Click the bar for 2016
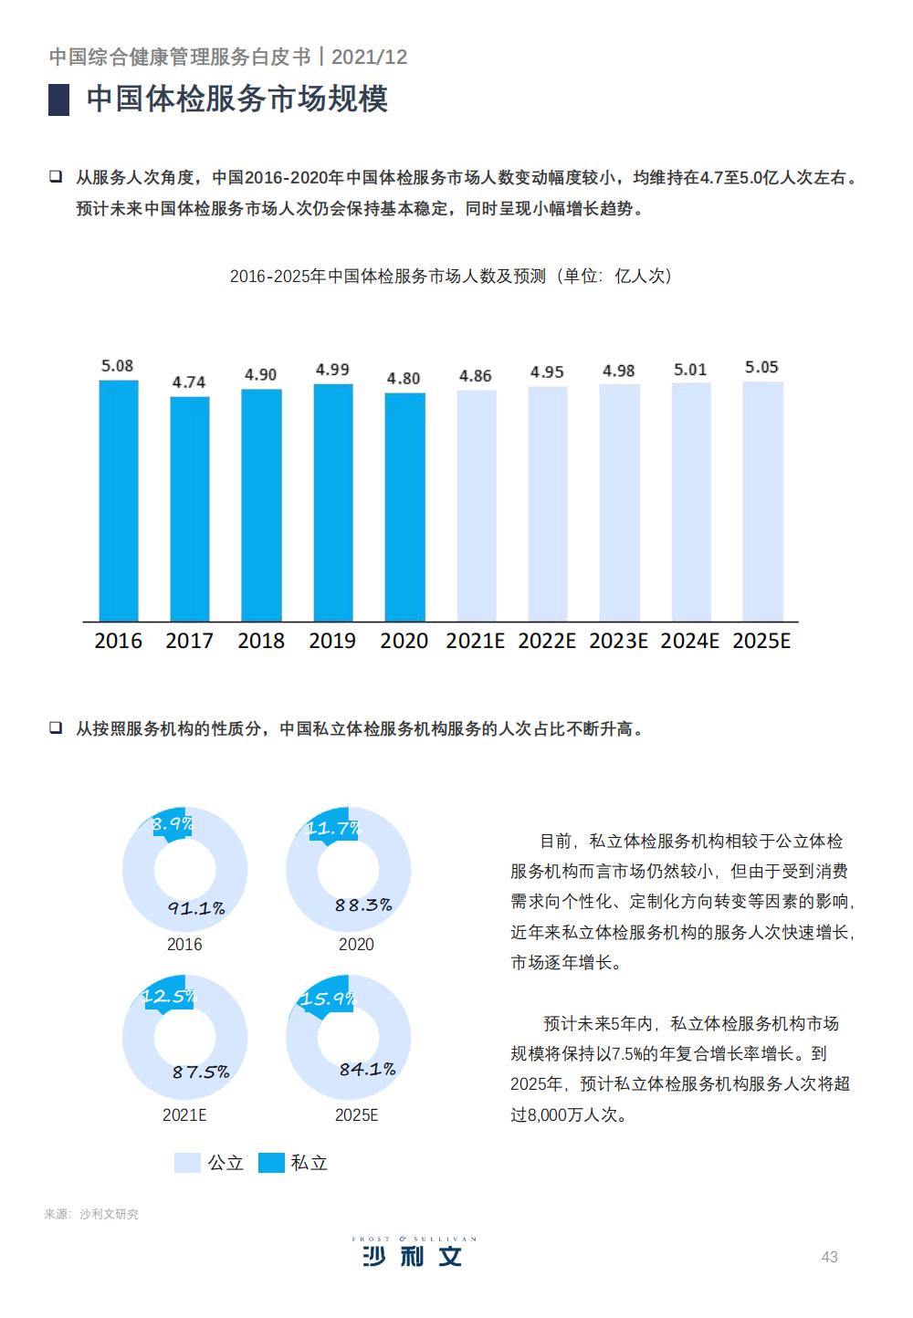[119, 500]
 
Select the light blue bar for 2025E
[762, 501]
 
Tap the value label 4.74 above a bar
[189, 382]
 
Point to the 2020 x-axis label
[404, 641]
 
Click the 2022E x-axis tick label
[547, 641]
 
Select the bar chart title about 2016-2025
[450, 276]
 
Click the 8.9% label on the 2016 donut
[172, 824]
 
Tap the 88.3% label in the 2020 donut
[363, 905]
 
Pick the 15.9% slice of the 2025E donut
[327, 999]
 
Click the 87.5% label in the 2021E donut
[201, 1072]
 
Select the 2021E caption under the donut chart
[184, 1114]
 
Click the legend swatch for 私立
[271, 1163]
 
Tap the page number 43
[829, 1257]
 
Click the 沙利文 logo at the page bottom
[414, 1253]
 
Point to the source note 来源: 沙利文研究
[91, 1214]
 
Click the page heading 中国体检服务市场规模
[237, 99]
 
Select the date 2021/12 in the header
[369, 57]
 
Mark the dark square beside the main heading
[59, 99]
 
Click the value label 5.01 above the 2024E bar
[690, 370]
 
